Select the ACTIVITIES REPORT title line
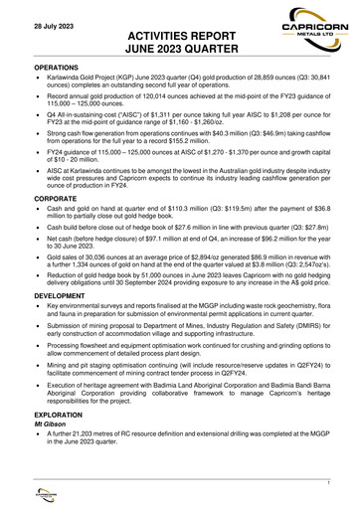pyautogui.click(x=180, y=33)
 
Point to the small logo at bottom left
pyautogui.click(x=37, y=494)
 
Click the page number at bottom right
pyautogui.click(x=327, y=480)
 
